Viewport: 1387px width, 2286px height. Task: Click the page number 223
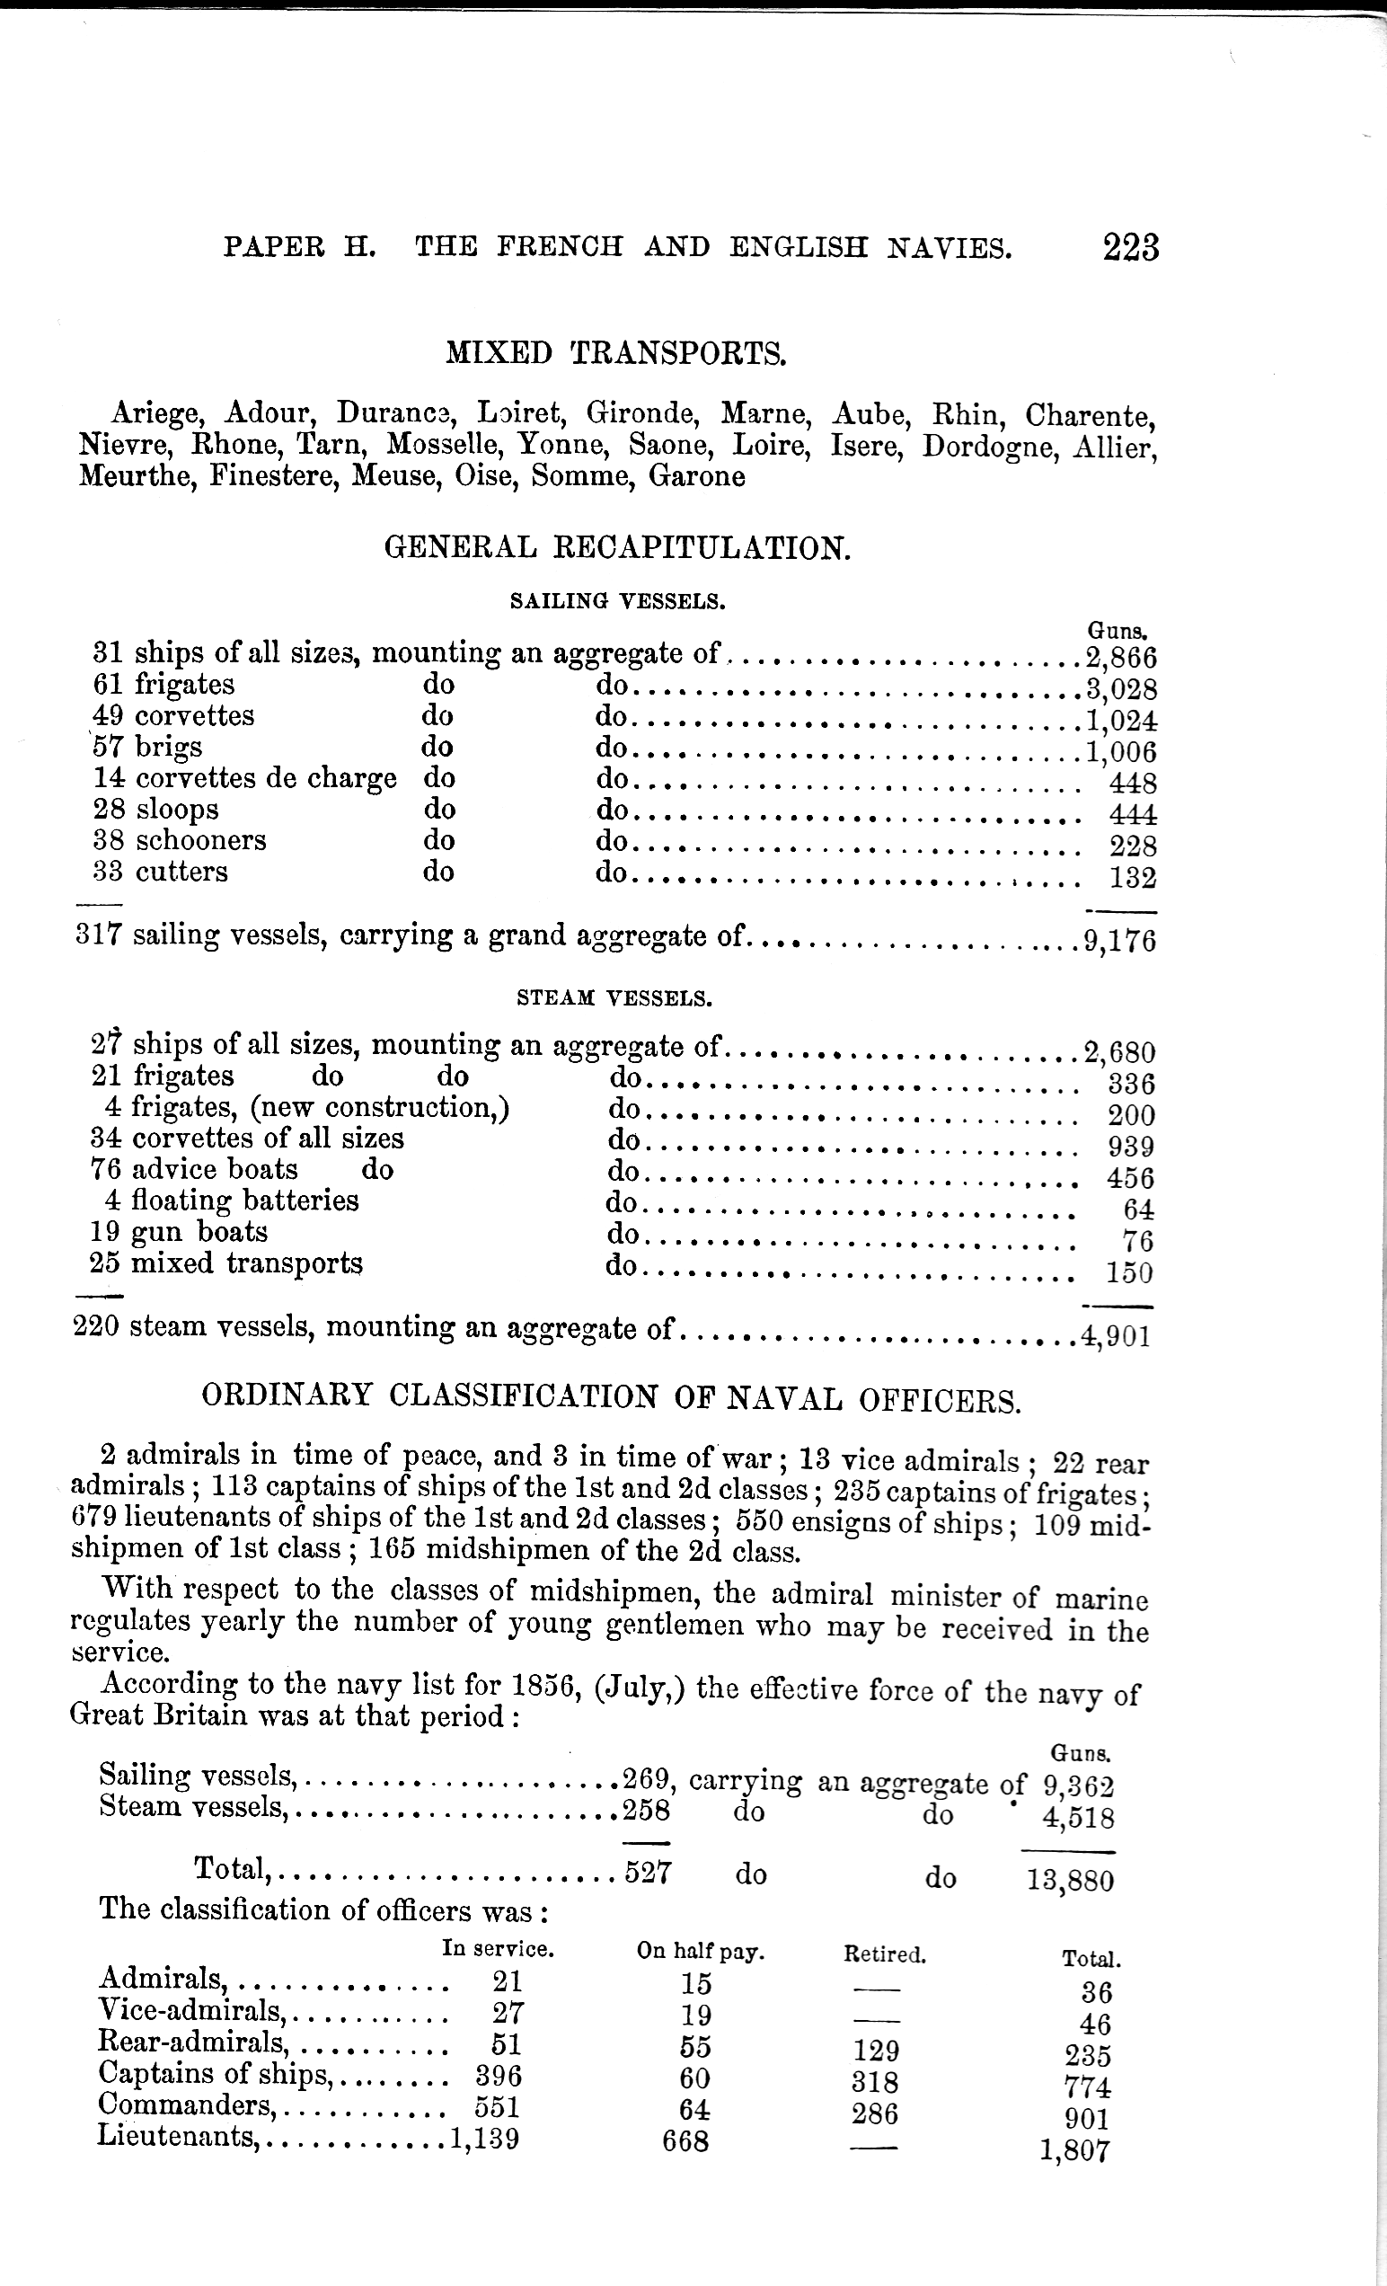(x=1131, y=248)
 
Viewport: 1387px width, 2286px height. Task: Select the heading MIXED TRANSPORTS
(x=616, y=353)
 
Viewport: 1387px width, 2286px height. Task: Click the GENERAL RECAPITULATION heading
(x=617, y=547)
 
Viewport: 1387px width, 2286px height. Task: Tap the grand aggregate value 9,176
(x=1120, y=941)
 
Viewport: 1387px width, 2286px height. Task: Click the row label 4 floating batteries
(x=231, y=1201)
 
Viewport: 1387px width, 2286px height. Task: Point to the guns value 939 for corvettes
(x=1131, y=1147)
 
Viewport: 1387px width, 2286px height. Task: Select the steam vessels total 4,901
(x=1116, y=1336)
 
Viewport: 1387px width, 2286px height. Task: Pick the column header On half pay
(x=700, y=1951)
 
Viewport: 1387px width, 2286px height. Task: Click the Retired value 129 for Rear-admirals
(x=875, y=2050)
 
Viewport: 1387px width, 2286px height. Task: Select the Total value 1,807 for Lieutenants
(x=1075, y=2149)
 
